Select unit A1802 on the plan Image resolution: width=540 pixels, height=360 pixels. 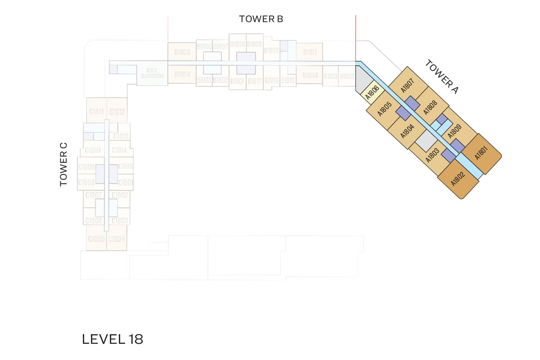pos(458,180)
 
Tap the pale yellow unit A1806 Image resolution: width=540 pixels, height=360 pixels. pos(371,92)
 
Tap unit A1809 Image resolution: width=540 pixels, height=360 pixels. pos(454,130)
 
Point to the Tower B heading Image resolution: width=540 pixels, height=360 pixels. pos(261,19)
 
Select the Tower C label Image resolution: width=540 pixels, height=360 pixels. pos(63,164)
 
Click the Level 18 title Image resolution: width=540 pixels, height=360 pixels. pos(112,339)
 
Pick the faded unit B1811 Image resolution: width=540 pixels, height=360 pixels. pos(310,52)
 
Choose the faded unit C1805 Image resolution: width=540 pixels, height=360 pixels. pos(96,239)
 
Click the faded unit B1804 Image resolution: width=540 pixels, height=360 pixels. pos(182,74)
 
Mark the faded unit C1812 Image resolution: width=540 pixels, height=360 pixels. pos(117,112)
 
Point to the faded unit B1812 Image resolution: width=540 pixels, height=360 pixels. pos(347,76)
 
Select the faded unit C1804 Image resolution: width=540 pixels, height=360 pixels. pos(117,239)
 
